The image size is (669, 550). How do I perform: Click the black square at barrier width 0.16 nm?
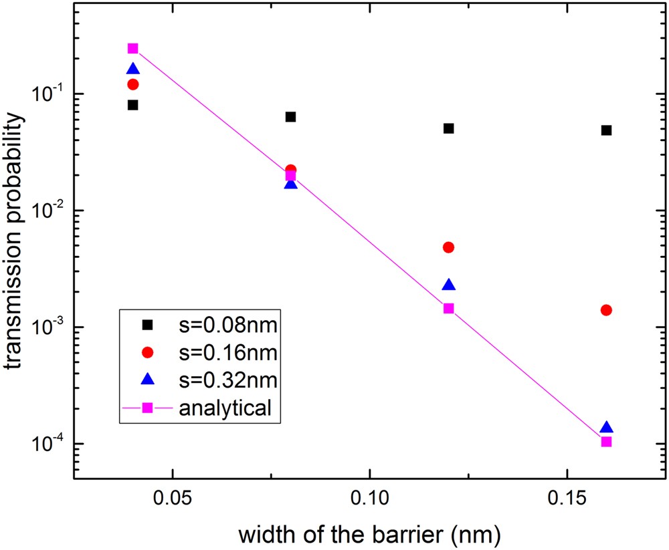click(x=606, y=130)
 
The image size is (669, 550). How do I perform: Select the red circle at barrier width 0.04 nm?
click(x=133, y=84)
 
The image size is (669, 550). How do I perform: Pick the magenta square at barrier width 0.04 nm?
click(x=133, y=48)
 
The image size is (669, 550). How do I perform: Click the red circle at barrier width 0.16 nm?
click(x=606, y=310)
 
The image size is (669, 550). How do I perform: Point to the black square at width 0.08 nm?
click(x=290, y=117)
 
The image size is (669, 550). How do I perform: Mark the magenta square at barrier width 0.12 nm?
click(x=449, y=308)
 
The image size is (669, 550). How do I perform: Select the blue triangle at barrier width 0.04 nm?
click(x=133, y=69)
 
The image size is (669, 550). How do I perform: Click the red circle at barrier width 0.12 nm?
click(x=449, y=247)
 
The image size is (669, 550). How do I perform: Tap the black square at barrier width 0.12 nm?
click(x=449, y=128)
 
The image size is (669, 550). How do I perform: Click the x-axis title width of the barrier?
click(x=370, y=534)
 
